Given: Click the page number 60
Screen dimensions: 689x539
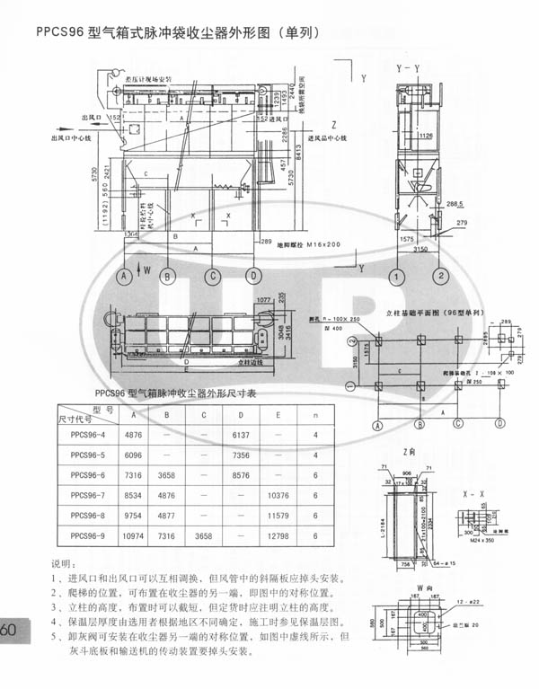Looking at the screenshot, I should (9, 629).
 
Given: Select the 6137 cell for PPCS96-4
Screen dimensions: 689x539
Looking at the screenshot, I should (240, 434).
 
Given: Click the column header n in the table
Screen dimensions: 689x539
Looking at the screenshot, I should (316, 415).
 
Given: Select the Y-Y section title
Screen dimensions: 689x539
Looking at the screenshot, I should (407, 68).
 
